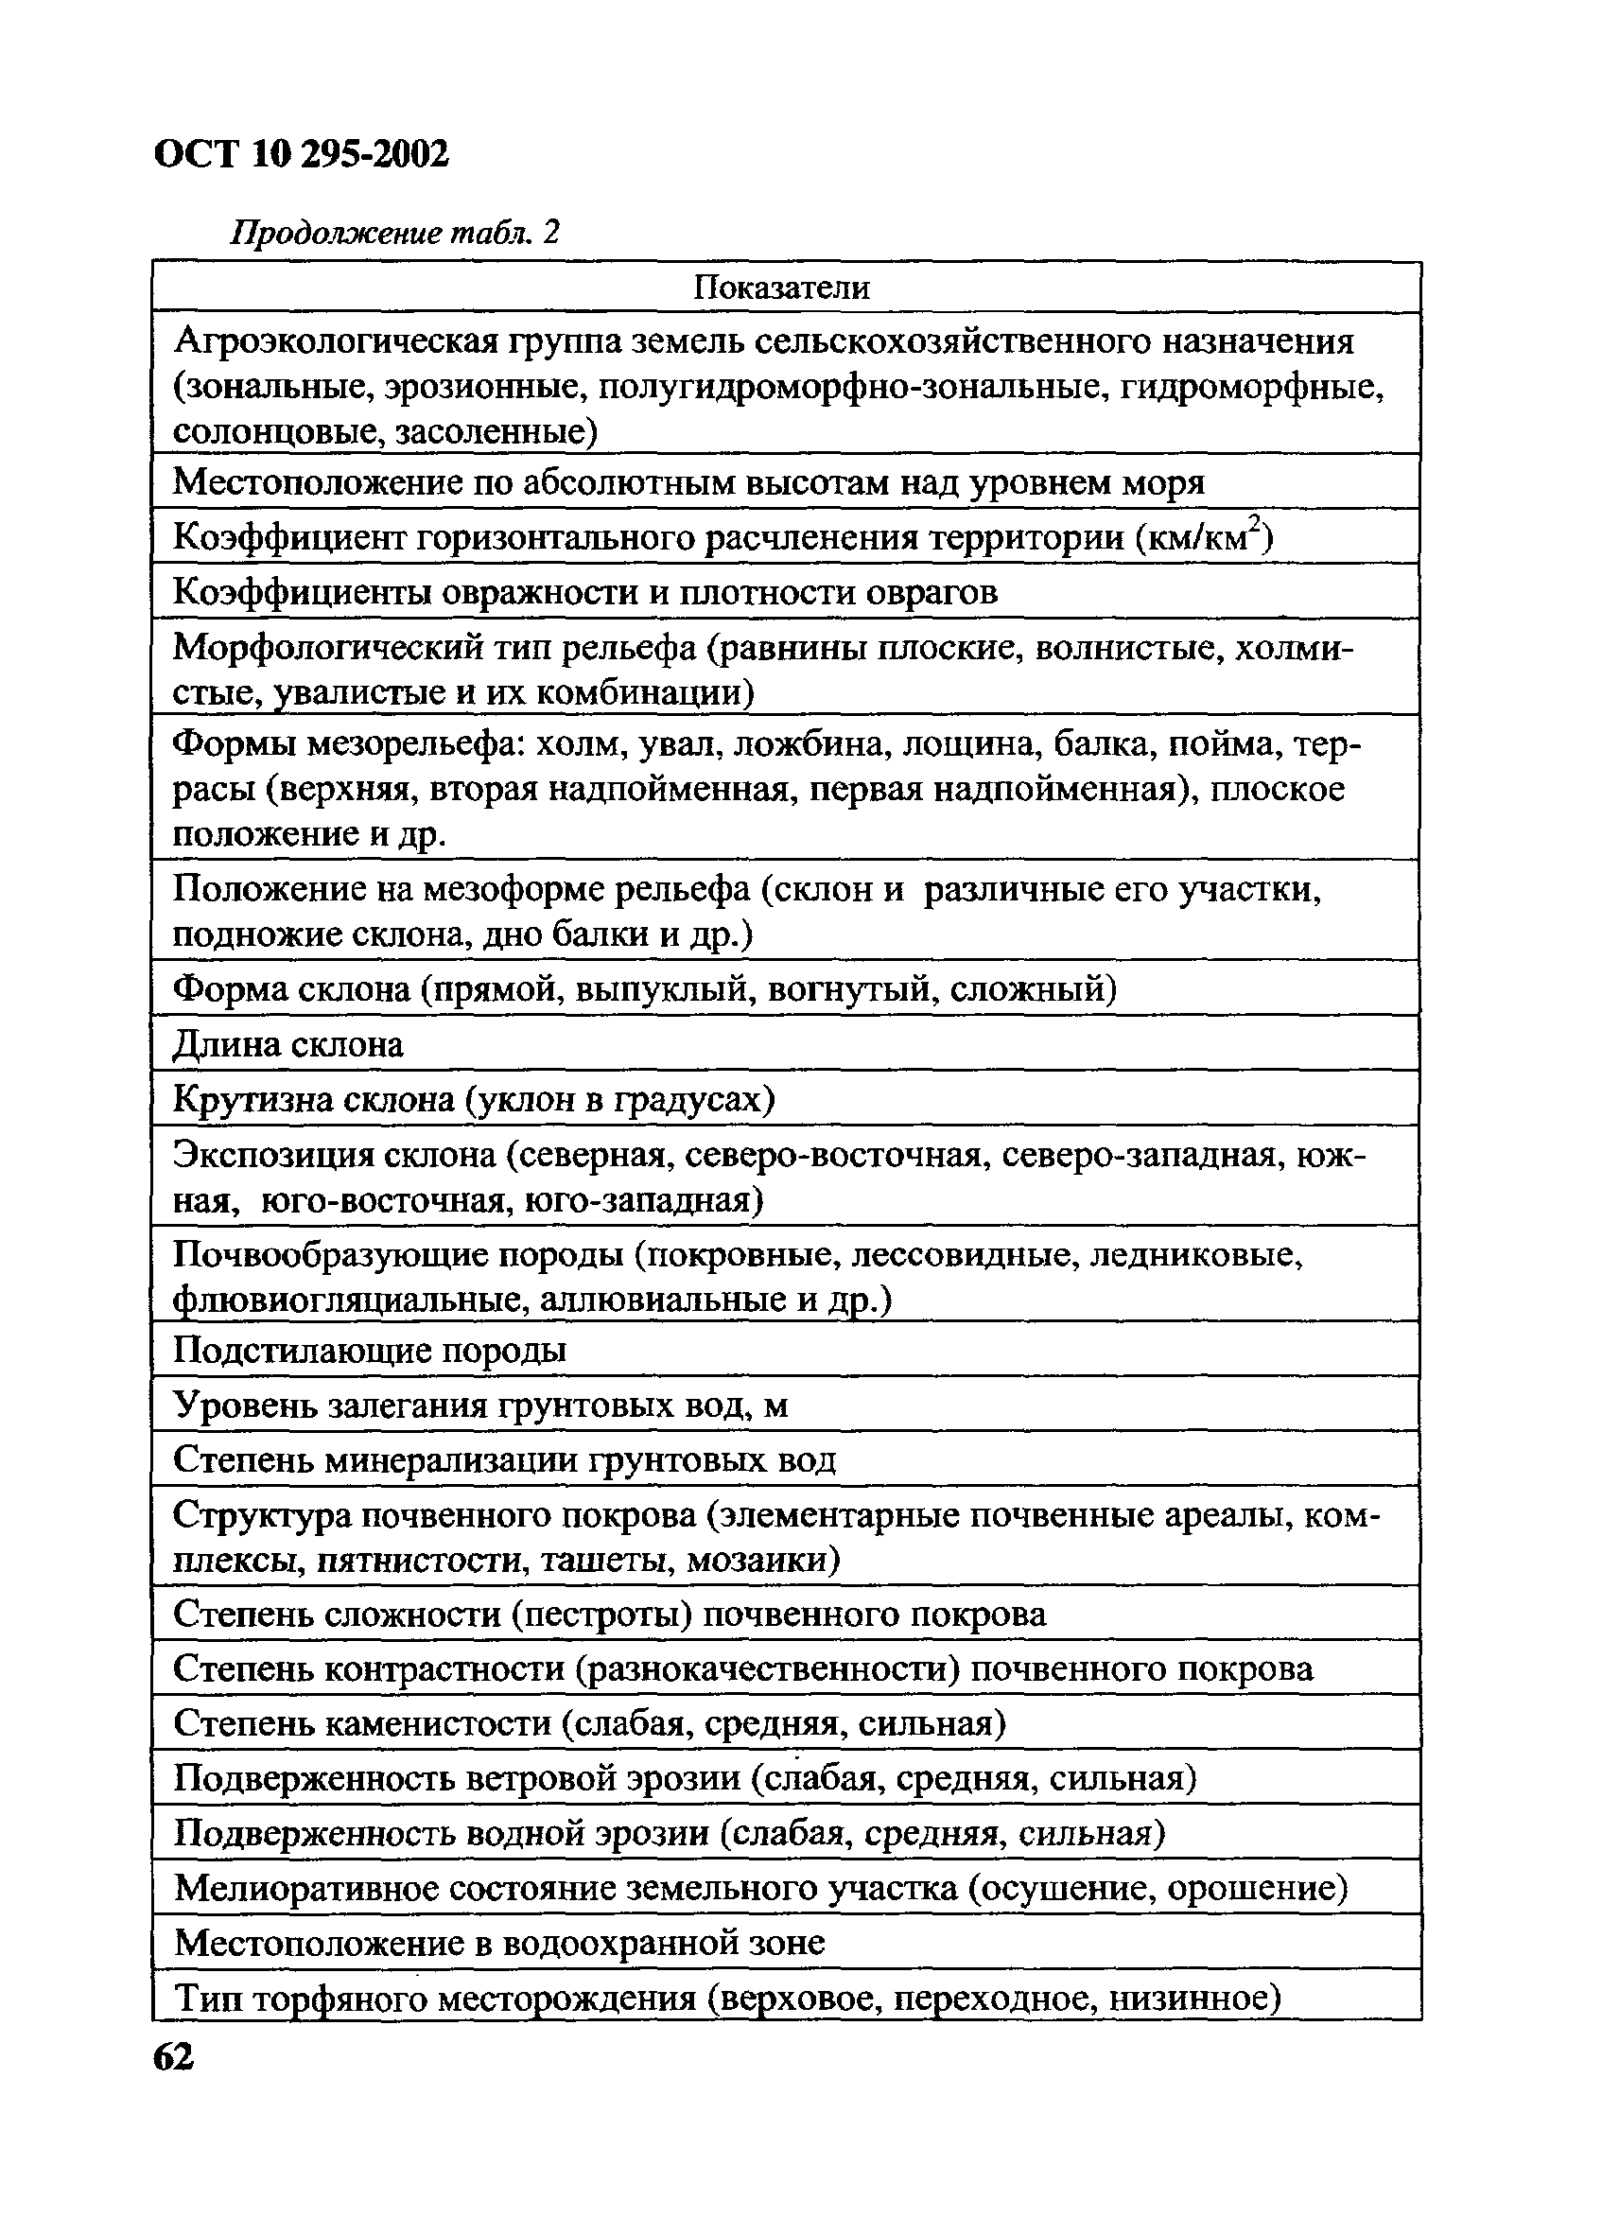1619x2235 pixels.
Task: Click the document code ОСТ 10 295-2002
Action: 302,154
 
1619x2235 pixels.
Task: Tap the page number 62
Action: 174,2056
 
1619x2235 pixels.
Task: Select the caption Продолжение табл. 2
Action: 395,233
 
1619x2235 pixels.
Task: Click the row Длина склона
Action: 287,1044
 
